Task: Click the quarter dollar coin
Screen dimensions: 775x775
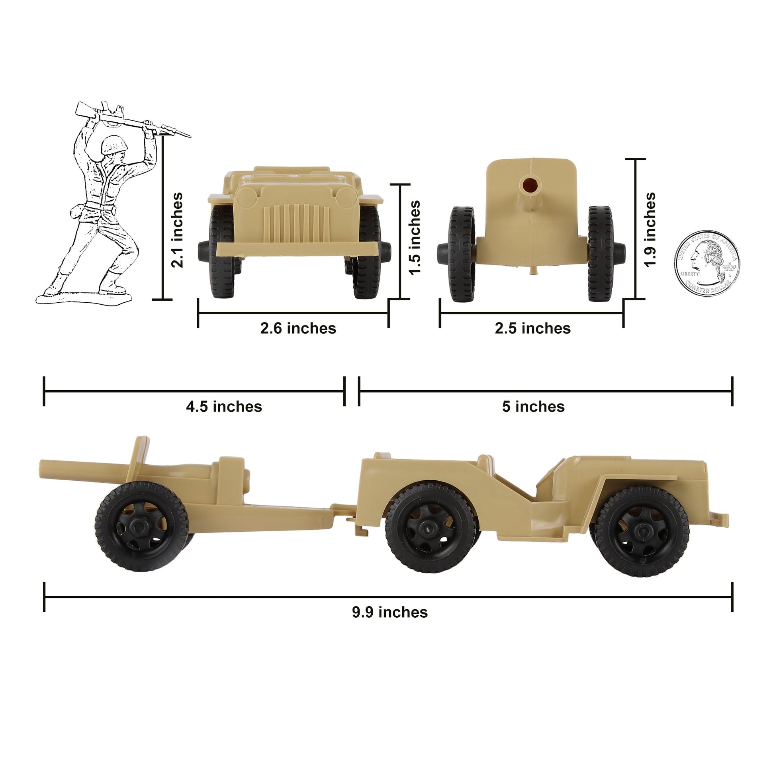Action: pyautogui.click(x=707, y=264)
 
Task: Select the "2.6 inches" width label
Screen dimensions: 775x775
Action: pyautogui.click(x=298, y=329)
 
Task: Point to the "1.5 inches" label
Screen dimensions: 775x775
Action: pyautogui.click(x=414, y=237)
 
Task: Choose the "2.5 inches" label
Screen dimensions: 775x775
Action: pyautogui.click(x=533, y=329)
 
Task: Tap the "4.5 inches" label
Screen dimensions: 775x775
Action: pyautogui.click(x=224, y=407)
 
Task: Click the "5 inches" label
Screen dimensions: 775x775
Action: pyautogui.click(x=533, y=407)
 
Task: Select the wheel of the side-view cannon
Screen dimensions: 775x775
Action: pyautogui.click(x=142, y=526)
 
